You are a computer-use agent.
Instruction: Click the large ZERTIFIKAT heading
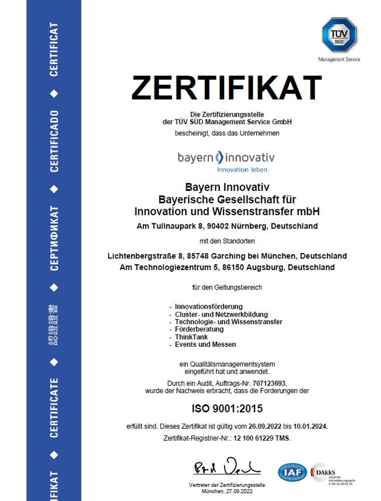pos(226,88)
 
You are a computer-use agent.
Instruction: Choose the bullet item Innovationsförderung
pos(209,306)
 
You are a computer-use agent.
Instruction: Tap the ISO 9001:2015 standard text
pos(226,408)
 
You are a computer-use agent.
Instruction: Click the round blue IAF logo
pos(292,472)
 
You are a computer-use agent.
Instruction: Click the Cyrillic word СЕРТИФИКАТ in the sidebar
pos(54,237)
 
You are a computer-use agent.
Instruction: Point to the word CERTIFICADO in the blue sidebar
pos(54,141)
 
